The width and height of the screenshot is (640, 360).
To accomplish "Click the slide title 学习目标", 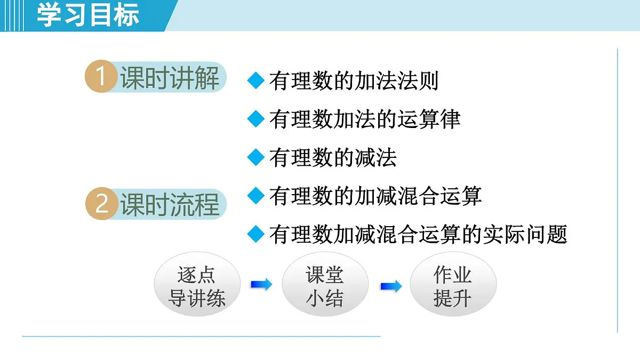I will (88, 14).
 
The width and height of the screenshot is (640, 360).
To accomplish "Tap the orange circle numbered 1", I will (101, 77).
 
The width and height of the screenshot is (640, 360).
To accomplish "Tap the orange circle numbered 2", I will (101, 204).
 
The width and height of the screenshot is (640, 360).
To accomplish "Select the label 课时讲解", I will (169, 78).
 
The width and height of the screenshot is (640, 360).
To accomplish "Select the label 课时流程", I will (169, 205).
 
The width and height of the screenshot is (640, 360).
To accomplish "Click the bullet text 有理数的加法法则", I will (354, 81).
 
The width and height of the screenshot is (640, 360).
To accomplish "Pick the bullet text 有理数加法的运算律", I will (364, 119).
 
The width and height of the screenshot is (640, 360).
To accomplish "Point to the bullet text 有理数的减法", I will (333, 158).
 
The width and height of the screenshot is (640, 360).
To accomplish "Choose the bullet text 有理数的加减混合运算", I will (375, 196).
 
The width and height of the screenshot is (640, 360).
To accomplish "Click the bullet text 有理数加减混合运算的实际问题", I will (418, 234).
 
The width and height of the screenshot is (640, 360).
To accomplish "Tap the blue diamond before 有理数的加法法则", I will (257, 81).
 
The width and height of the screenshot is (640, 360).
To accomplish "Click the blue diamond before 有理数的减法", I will (257, 157).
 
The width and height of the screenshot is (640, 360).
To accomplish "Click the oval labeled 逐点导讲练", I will (197, 286).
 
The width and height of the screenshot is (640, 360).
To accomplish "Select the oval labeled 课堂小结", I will (324, 286).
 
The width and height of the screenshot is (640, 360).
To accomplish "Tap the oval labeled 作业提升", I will (452, 286).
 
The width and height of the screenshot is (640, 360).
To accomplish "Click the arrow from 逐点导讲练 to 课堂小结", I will (261, 285).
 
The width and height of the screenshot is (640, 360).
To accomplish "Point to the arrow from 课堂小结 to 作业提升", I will (390, 286).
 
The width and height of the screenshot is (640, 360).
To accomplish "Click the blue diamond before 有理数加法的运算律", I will (257, 119).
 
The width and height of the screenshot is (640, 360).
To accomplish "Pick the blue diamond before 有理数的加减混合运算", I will (257, 196).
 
